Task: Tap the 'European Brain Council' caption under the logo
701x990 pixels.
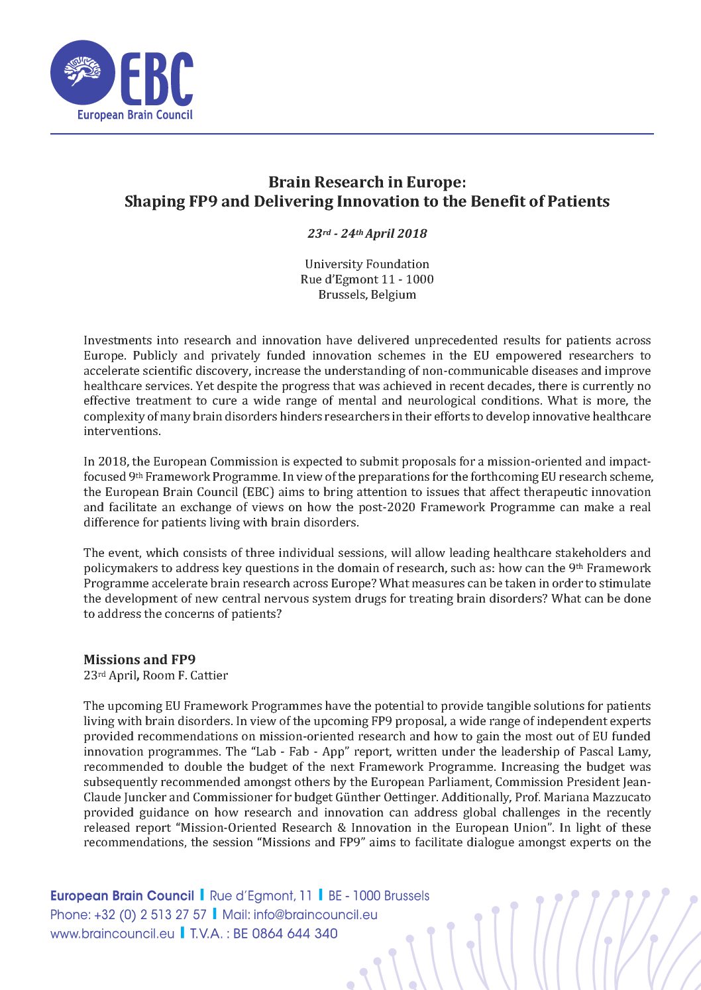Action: pyautogui.click(x=135, y=115)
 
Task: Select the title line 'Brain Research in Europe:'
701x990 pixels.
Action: pyautogui.click(x=367, y=182)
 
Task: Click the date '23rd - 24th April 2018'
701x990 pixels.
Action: pyautogui.click(x=367, y=234)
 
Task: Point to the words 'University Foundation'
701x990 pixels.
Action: pyautogui.click(x=367, y=264)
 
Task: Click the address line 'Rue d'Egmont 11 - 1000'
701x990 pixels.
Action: pyautogui.click(x=367, y=279)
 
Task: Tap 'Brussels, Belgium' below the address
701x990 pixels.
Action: pyautogui.click(x=367, y=295)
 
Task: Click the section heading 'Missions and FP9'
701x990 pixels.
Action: pyautogui.click(x=139, y=660)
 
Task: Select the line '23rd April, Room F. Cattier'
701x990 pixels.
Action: pyautogui.click(x=156, y=675)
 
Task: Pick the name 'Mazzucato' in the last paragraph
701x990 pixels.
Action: pyautogui.click(x=620, y=797)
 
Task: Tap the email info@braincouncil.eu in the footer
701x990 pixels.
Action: pyautogui.click(x=315, y=915)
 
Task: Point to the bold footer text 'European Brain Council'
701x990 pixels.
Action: pyautogui.click(x=122, y=896)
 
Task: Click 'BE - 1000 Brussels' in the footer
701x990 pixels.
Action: pyautogui.click(x=378, y=896)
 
